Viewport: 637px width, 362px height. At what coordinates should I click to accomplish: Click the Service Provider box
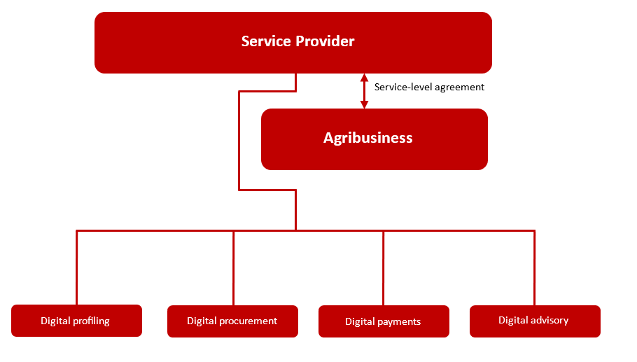pyautogui.click(x=293, y=43)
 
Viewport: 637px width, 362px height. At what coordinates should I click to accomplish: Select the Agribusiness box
pyautogui.click(x=374, y=139)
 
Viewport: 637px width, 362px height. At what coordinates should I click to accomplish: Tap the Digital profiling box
pyautogui.click(x=76, y=321)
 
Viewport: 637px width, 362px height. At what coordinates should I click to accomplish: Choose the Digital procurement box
pyautogui.click(x=232, y=321)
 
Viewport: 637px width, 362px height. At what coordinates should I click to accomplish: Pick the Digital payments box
pyautogui.click(x=384, y=321)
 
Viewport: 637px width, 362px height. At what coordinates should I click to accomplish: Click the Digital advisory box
pyautogui.click(x=535, y=321)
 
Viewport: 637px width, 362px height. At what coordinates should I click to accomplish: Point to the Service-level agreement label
pyautogui.click(x=429, y=87)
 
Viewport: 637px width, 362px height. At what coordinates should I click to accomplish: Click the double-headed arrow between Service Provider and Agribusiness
pyautogui.click(x=365, y=91)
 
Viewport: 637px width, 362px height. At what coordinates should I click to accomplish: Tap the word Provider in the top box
pyautogui.click(x=325, y=41)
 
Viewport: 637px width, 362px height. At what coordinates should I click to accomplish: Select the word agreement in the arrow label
pyautogui.click(x=459, y=88)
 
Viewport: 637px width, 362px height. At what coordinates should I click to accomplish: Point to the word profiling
pyautogui.click(x=92, y=321)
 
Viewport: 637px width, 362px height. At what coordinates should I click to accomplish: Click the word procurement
pyautogui.click(x=248, y=321)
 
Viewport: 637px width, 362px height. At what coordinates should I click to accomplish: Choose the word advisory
pyautogui.click(x=549, y=320)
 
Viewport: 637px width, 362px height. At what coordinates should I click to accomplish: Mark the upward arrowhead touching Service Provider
pyautogui.click(x=365, y=78)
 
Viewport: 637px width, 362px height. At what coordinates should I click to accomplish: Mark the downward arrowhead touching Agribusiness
pyautogui.click(x=365, y=104)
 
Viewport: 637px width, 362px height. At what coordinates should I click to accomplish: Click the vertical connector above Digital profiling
pyautogui.click(x=77, y=267)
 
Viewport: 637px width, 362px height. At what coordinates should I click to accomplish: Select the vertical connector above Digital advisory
pyautogui.click(x=534, y=268)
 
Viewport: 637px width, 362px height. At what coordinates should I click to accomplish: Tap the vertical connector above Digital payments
pyautogui.click(x=384, y=268)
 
